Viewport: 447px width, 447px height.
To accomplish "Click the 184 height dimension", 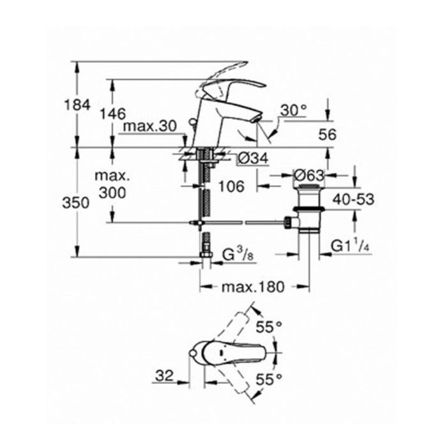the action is coord(77,105).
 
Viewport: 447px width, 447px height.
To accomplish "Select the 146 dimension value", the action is coord(112,114).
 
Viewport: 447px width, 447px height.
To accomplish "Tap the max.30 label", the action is coord(150,126).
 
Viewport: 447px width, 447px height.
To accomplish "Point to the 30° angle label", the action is coord(293,110).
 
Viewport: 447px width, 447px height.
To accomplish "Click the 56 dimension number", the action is coord(327,135).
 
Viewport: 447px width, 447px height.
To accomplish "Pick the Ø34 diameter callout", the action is coord(254,158).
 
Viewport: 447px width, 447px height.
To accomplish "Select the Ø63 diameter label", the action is coord(309,176).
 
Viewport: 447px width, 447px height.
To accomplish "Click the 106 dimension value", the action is coord(231,186).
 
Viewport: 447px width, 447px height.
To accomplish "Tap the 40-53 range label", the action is coord(353,199).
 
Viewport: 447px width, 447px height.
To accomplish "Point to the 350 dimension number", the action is coord(76,203).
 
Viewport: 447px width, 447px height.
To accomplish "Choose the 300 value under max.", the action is coord(112,193).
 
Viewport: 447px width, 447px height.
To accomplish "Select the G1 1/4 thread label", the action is coord(351,246).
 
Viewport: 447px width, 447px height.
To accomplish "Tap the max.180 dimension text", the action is coord(253,287).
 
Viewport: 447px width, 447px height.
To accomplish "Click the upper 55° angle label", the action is coord(269,327).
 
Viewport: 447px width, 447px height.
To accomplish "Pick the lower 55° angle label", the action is coord(269,379).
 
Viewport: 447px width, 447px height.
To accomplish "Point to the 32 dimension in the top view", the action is coord(165,375).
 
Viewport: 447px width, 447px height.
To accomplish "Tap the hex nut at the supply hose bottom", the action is coord(206,254).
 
